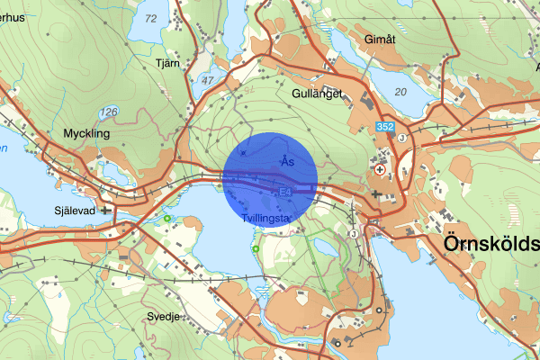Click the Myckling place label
[x=86, y=133]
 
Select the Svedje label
[x=164, y=317]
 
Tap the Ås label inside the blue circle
[x=286, y=161]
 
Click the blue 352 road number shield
[x=386, y=128]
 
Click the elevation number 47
[x=208, y=80]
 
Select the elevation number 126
[x=110, y=112]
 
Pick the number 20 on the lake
[x=400, y=92]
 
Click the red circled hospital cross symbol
[x=382, y=168]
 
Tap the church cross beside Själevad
[x=107, y=211]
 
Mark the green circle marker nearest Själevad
[x=167, y=218]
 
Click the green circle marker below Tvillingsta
[x=256, y=248]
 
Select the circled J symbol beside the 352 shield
[x=402, y=138]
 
